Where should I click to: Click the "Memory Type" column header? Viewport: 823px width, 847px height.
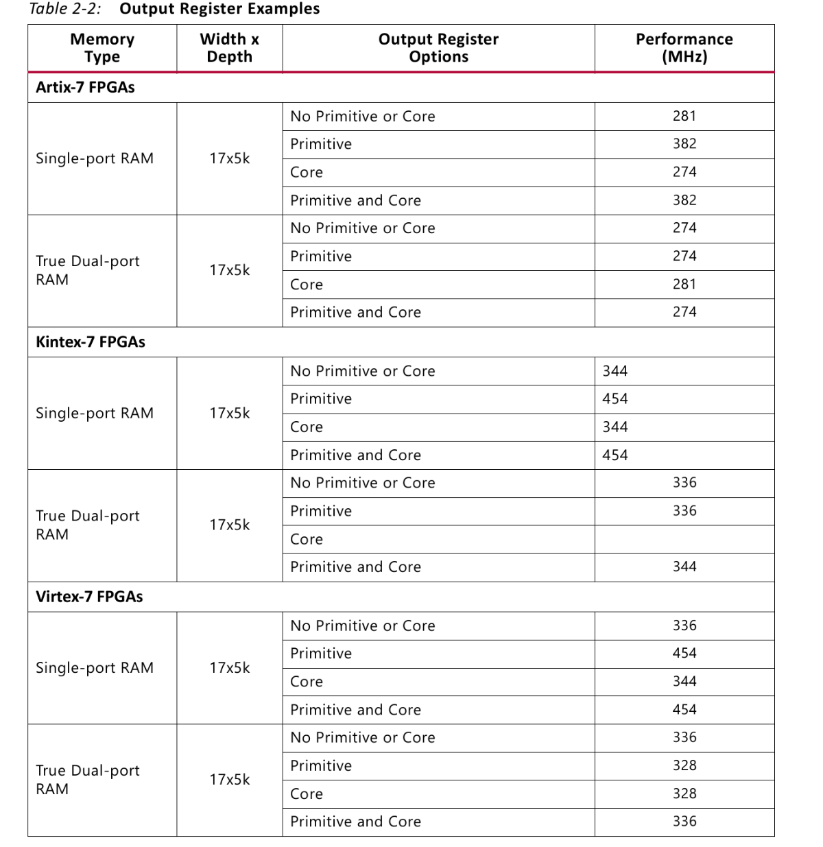pos(102,48)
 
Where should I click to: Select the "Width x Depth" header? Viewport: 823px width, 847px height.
pos(229,48)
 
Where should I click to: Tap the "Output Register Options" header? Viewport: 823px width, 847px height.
pos(438,48)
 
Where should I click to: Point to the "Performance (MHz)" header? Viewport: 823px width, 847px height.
pos(684,48)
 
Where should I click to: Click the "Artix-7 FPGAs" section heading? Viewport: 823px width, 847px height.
pos(85,88)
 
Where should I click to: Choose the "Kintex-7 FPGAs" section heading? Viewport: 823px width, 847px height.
pos(91,342)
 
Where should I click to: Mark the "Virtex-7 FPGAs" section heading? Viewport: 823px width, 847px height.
pos(89,597)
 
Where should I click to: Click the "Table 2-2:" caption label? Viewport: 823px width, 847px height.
pos(65,9)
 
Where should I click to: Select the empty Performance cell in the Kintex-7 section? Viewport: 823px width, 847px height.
pos(684,539)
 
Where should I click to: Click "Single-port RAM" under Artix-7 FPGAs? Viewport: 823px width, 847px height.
pos(95,158)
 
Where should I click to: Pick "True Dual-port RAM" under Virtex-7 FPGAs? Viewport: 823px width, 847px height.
pos(87,780)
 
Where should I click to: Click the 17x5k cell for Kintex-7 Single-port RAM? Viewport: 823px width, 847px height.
pos(229,414)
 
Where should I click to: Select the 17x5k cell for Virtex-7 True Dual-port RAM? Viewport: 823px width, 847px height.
pos(229,780)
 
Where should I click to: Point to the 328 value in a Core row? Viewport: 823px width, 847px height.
pos(684,794)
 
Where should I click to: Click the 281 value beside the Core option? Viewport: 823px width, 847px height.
pos(684,284)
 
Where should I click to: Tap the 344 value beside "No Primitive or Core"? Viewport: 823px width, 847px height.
pos(615,371)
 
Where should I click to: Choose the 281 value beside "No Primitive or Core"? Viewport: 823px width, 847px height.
pos(684,116)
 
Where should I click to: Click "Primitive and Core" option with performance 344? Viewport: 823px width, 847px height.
pos(355,567)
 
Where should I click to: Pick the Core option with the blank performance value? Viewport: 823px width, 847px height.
pos(307,540)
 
